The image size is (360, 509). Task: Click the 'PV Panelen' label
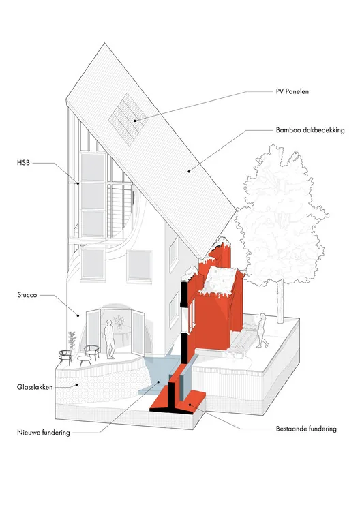click(292, 91)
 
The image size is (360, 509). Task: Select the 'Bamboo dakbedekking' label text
click(310, 130)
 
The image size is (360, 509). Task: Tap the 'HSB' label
click(23, 163)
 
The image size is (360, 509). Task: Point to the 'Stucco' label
click(27, 295)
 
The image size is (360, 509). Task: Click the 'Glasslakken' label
click(35, 387)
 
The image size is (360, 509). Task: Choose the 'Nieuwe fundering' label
click(44, 433)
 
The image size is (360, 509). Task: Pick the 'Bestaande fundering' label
click(306, 429)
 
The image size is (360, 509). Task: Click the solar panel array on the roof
click(128, 119)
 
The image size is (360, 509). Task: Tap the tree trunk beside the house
click(280, 301)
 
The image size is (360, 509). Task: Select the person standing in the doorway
click(110, 339)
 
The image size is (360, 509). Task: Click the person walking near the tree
click(262, 330)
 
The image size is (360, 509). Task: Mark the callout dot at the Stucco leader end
click(78, 315)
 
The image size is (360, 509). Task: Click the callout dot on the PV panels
click(134, 121)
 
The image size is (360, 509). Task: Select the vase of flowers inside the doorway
click(119, 322)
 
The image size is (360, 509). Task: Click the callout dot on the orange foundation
click(189, 405)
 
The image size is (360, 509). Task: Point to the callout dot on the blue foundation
click(159, 382)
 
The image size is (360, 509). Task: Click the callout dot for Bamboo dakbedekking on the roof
click(189, 171)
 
